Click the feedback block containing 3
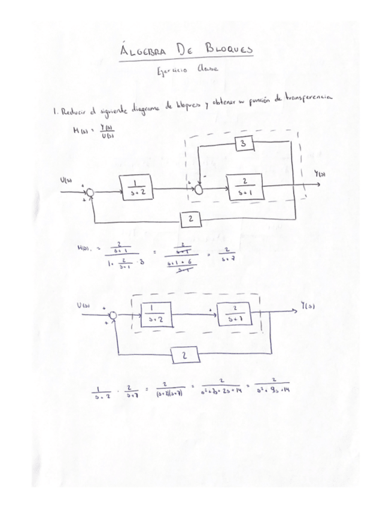[x=244, y=144]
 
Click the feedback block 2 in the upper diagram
[x=190, y=220]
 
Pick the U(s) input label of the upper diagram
[x=68, y=179]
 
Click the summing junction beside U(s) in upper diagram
[x=89, y=192]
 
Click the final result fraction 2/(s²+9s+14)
[x=273, y=389]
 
